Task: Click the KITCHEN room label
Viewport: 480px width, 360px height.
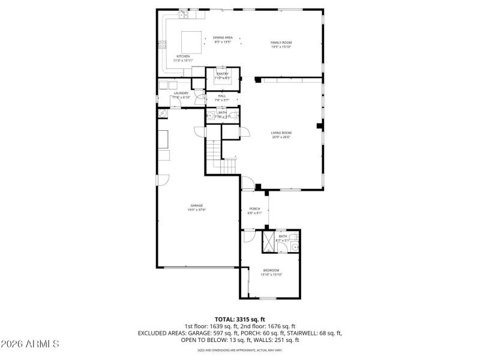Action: point(183,56)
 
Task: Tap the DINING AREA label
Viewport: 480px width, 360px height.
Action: point(223,38)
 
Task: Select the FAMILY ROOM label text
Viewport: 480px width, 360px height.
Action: point(281,43)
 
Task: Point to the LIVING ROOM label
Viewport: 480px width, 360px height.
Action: point(281,133)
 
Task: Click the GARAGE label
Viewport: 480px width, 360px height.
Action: point(197,205)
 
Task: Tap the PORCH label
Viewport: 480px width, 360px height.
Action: point(255,209)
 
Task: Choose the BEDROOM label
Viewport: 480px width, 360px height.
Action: point(271,270)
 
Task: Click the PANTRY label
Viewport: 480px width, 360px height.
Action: point(223,73)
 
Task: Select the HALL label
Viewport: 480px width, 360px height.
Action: point(222,95)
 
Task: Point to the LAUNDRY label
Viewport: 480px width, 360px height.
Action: point(181,93)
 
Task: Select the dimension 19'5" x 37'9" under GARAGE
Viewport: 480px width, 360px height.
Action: point(197,209)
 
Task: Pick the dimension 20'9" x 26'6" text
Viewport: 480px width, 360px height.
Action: point(281,137)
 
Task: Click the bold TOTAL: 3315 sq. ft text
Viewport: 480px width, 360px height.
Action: point(240,319)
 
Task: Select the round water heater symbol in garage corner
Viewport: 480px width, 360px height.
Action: point(161,112)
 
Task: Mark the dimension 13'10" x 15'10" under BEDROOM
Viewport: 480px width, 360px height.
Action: point(271,274)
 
